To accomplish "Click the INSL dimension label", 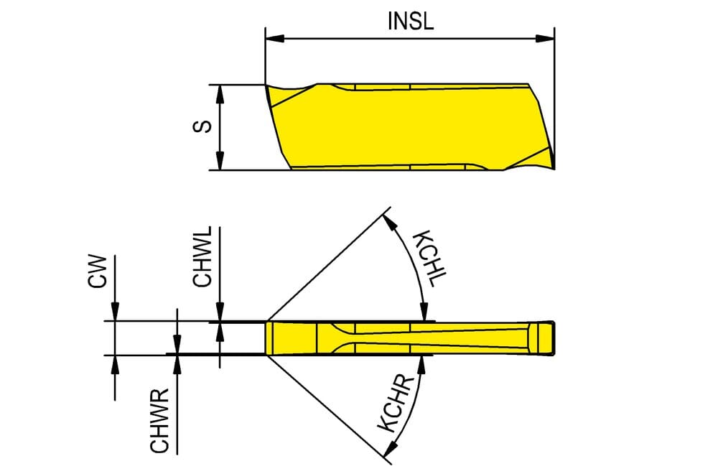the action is pos(410,21).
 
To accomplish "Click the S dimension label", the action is pos(202,126).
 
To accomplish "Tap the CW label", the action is pos(97,271).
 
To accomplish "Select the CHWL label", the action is pos(202,257).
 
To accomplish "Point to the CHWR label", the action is pos(160,421).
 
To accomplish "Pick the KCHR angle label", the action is pos(396,404).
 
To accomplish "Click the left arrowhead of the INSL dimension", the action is pos(275,39).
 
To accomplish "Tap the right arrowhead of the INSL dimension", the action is pos(545,39).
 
